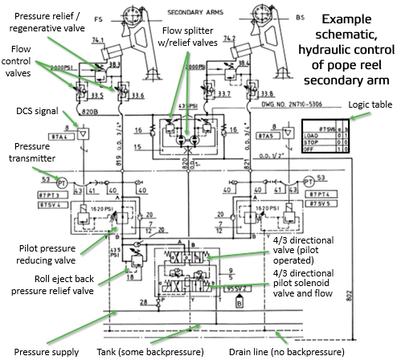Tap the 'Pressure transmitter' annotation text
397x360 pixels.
coord(29,153)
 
